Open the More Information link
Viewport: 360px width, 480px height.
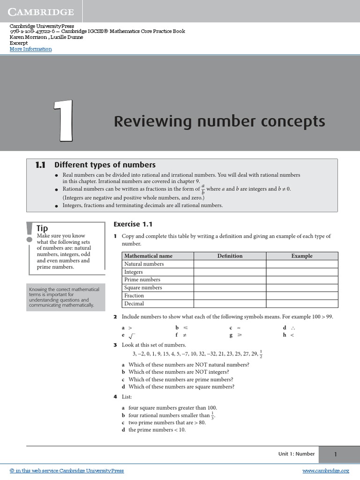(30, 49)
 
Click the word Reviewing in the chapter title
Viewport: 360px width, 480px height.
(146, 121)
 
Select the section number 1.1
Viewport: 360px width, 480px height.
(40, 165)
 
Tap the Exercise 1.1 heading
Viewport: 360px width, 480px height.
(133, 225)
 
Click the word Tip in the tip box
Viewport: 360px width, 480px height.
(42, 228)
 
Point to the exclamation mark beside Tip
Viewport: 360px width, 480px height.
(30, 233)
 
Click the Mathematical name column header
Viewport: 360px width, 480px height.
(148, 256)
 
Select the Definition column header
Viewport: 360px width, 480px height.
(230, 256)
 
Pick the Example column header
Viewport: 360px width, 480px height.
(302, 256)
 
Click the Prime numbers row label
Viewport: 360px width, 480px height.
(142, 280)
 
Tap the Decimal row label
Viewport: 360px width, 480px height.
(134, 304)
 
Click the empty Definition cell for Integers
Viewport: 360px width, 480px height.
(230, 272)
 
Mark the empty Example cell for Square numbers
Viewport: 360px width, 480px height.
(302, 288)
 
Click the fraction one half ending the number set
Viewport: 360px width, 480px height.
(261, 354)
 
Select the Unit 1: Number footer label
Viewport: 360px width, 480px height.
(296, 454)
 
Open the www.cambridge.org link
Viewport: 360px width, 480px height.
(326, 471)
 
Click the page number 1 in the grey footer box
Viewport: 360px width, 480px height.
(336, 454)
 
